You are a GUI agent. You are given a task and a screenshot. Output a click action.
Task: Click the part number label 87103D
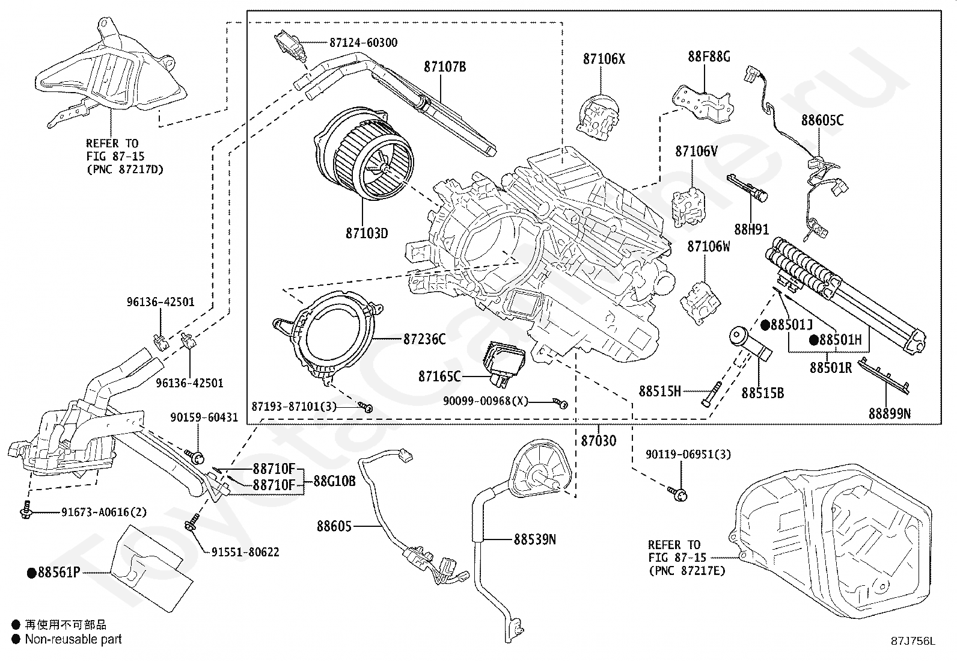[366, 233]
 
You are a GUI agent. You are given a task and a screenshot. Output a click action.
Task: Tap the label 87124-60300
[363, 43]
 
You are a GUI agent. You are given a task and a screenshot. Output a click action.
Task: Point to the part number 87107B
[445, 67]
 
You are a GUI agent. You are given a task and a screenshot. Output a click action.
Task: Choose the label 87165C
[439, 377]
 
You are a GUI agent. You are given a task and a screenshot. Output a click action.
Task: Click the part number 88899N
[889, 413]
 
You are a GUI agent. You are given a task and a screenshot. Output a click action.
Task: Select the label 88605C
[822, 120]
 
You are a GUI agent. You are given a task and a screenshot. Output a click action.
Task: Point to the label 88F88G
[709, 57]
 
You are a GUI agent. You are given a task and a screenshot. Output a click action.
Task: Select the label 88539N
[534, 540]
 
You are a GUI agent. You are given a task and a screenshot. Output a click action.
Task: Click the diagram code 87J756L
[913, 641]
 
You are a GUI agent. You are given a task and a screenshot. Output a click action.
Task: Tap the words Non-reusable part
[73, 639]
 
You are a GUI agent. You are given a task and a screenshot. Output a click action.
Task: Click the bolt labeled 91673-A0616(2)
[26, 511]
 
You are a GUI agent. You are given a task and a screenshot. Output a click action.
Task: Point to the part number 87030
[598, 441]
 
